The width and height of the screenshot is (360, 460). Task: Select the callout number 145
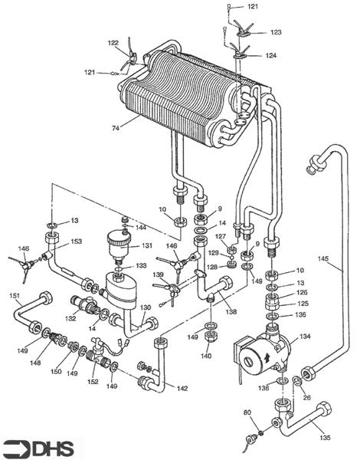(x=325, y=259)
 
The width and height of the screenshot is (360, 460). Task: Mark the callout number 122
(x=113, y=43)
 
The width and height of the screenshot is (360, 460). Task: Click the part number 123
(x=275, y=32)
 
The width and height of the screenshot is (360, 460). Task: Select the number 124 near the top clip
(x=272, y=56)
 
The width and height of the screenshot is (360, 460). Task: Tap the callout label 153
(x=76, y=242)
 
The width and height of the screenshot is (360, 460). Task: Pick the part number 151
(x=15, y=296)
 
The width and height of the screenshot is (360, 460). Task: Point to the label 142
(x=182, y=389)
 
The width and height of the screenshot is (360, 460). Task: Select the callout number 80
(x=247, y=414)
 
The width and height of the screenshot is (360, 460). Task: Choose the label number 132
(x=71, y=317)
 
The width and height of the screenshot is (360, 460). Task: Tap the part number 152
(x=93, y=381)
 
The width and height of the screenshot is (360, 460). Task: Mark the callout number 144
(x=141, y=228)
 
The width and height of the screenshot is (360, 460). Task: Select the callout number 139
(x=158, y=274)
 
